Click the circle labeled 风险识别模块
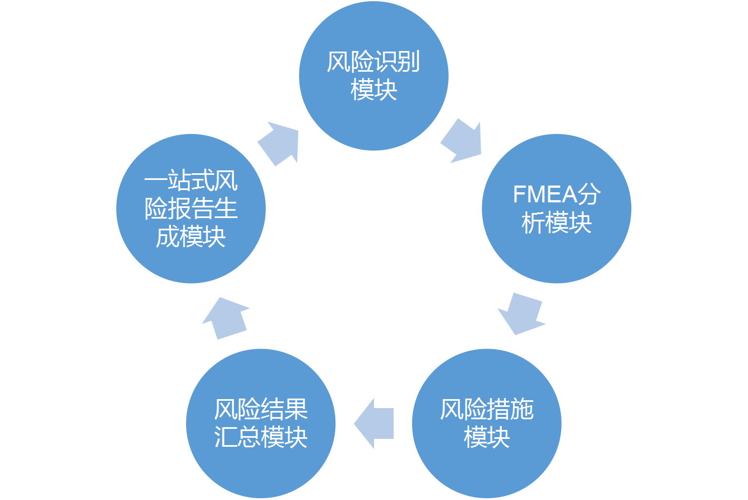pyautogui.click(x=373, y=76)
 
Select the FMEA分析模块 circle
pyautogui.click(x=556, y=209)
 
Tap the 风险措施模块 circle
pyautogui.click(x=486, y=423)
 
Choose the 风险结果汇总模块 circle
pyautogui.click(x=261, y=423)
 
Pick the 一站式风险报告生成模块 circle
pyautogui.click(x=191, y=209)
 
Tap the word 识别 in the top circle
pyautogui.click(x=397, y=63)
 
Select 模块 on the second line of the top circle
pyautogui.click(x=374, y=90)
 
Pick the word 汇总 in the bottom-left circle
pyautogui.click(x=238, y=437)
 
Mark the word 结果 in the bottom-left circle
pyautogui.click(x=285, y=410)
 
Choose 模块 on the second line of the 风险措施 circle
pyautogui.click(x=487, y=437)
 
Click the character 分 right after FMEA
pyautogui.click(x=590, y=195)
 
